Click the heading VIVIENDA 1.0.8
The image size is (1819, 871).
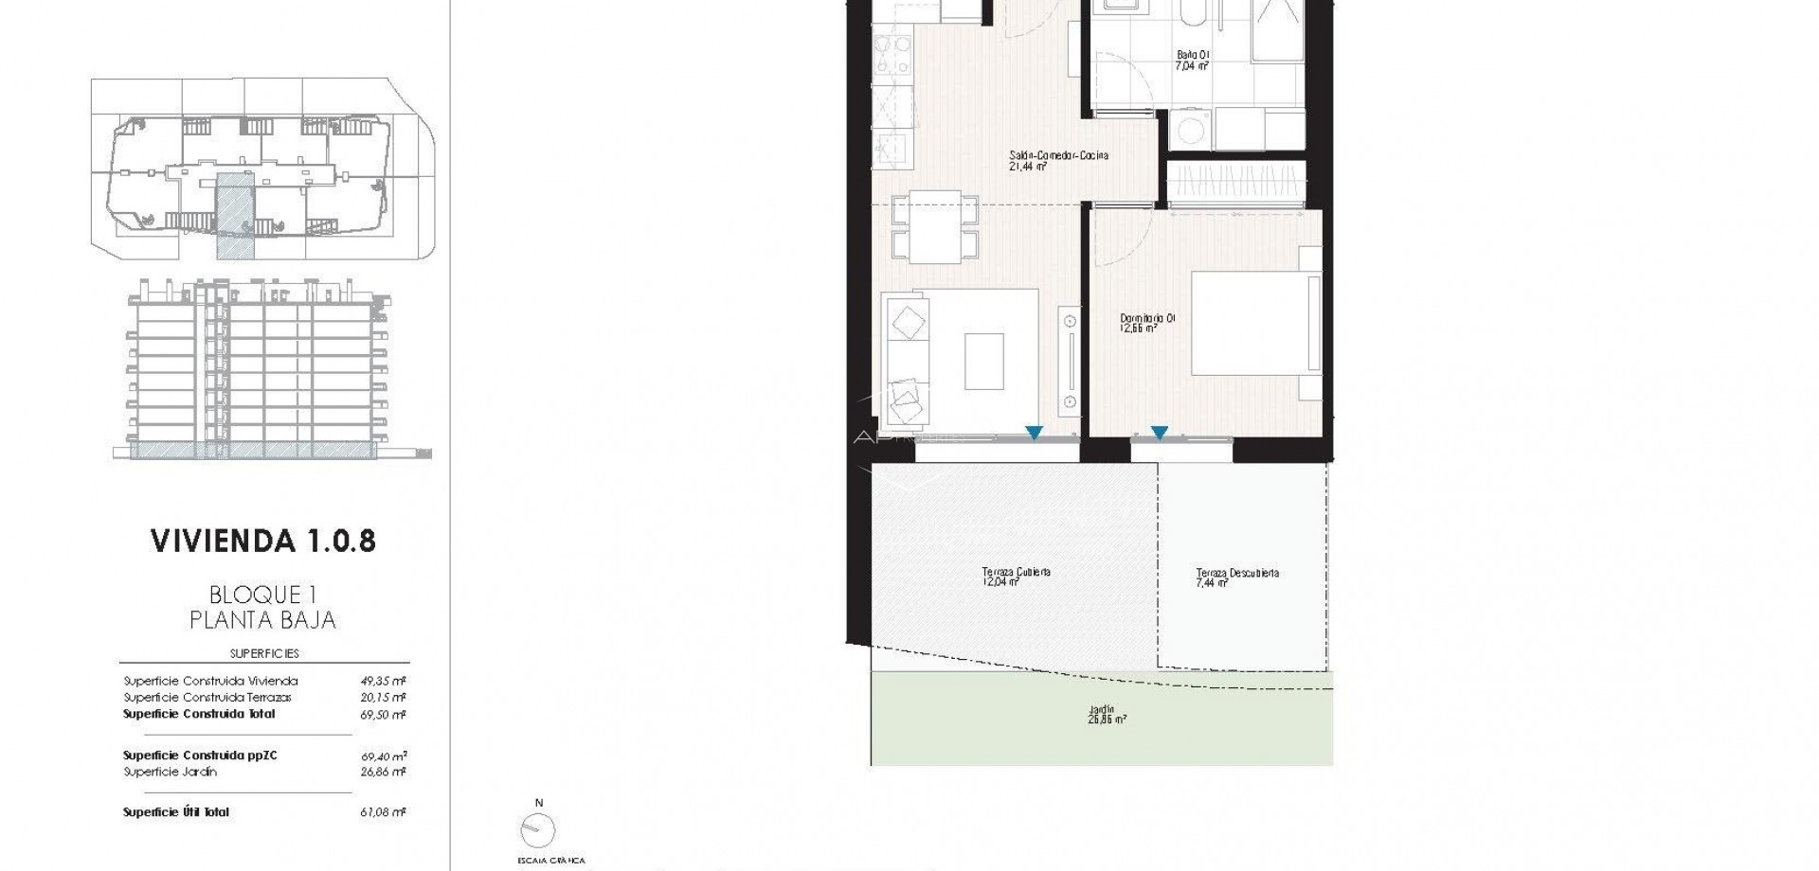[x=263, y=541]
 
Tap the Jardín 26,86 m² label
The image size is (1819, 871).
[x=1101, y=714]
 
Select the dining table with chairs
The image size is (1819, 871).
[x=934, y=227]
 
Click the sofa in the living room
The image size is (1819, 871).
[x=905, y=360]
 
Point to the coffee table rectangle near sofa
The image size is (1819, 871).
[x=984, y=361]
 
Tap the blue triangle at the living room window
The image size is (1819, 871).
[x=1034, y=434]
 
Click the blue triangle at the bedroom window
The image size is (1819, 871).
[x=1159, y=434]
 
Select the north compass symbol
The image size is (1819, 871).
[x=538, y=829]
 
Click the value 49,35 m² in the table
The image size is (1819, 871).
[x=383, y=681]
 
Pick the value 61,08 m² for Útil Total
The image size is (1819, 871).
[x=383, y=812]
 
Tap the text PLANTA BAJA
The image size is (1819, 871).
[x=262, y=621]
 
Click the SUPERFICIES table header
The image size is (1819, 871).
[x=264, y=653]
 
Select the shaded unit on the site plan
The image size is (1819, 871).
[x=235, y=216]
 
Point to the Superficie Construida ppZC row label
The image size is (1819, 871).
[x=200, y=755]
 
